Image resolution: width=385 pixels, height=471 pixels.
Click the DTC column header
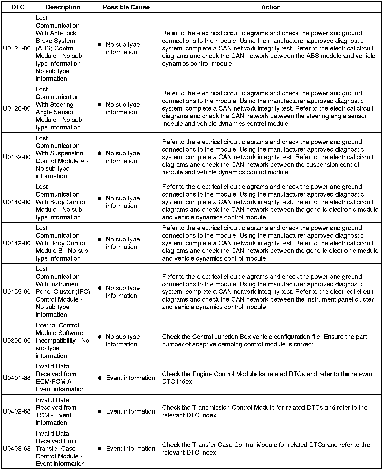18,7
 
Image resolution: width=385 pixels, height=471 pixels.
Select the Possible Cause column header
126,7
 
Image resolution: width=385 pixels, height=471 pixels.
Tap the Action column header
271,7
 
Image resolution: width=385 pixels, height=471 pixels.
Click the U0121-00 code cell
17,48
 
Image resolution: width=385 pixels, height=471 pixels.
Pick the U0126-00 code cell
17,108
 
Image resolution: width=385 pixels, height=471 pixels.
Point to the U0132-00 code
17,157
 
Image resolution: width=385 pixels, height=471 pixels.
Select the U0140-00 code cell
17,202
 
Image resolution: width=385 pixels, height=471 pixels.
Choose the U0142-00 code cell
17,243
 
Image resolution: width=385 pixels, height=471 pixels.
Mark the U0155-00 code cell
17,292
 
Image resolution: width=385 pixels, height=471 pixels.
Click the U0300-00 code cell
17,340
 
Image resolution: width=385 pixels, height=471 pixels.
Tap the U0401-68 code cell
17,378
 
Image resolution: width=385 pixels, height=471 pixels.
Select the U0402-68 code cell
17,411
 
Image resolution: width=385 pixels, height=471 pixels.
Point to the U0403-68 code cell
17,448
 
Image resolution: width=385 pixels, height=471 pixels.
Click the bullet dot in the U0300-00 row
100,337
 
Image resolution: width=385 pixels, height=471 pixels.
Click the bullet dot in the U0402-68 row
100,411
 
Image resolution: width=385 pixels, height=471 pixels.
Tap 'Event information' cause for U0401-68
130,378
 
